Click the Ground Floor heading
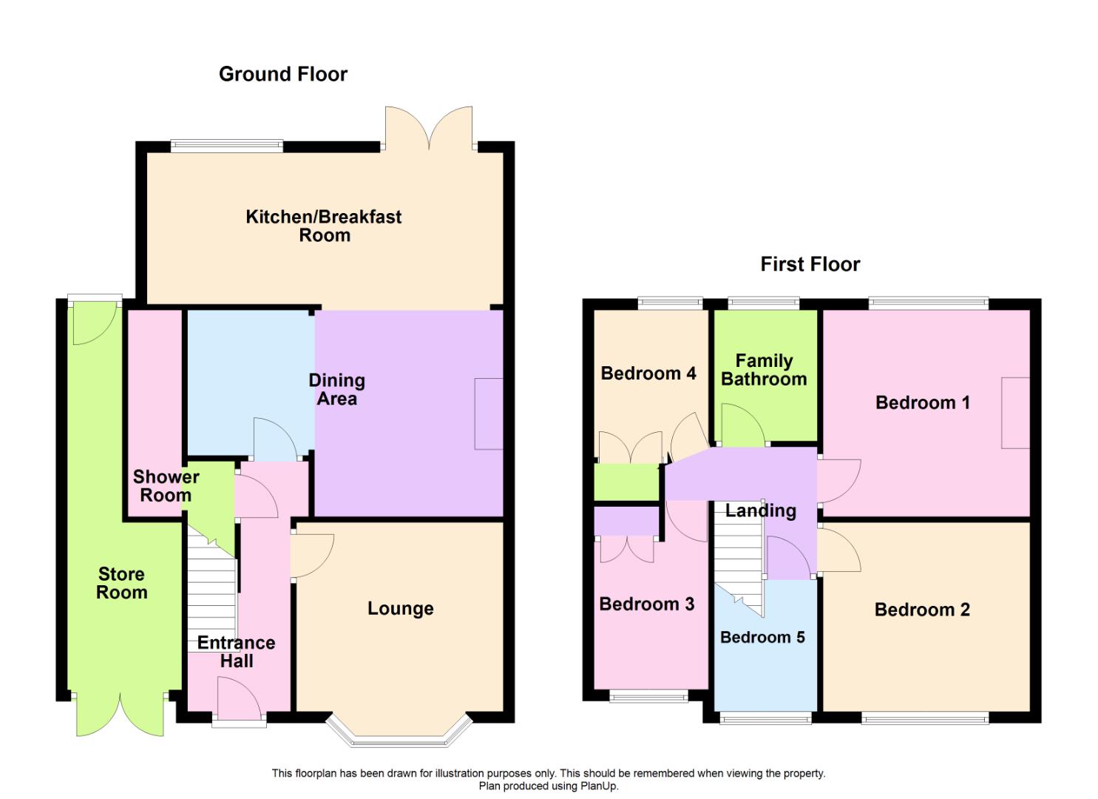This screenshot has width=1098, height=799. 283,75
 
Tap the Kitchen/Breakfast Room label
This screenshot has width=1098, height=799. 324,226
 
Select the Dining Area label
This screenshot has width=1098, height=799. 336,389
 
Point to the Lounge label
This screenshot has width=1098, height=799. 401,609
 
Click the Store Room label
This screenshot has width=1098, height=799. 121,583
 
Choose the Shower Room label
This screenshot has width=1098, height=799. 166,485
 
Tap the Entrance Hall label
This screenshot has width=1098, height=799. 237,652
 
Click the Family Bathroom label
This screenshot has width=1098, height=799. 764,370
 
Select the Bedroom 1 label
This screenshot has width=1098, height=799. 923,402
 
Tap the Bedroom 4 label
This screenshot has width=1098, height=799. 648,374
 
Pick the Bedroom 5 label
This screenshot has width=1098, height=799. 762,637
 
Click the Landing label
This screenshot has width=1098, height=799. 761,511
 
